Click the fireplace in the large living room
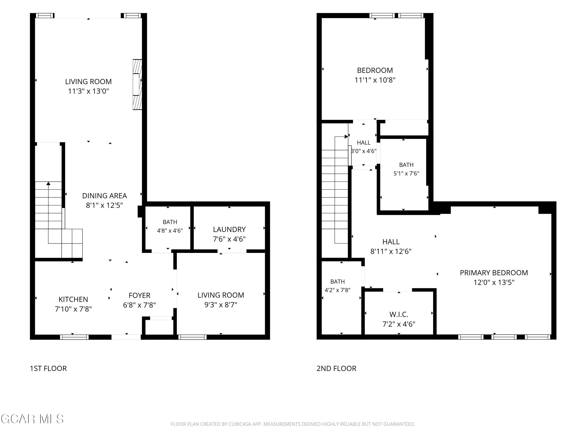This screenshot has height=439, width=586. [137, 84]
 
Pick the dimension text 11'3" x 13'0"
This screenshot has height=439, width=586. [88, 91]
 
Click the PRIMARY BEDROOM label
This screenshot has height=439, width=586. [494, 273]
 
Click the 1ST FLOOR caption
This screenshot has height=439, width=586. [48, 368]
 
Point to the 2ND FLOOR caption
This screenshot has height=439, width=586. [336, 368]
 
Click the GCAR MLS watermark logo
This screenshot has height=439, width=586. [32, 419]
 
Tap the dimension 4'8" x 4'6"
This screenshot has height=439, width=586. [170, 231]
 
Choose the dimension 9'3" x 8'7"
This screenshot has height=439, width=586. [221, 305]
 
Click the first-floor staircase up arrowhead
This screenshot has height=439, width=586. [48, 183]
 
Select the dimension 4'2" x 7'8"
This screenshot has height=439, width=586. [338, 290]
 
